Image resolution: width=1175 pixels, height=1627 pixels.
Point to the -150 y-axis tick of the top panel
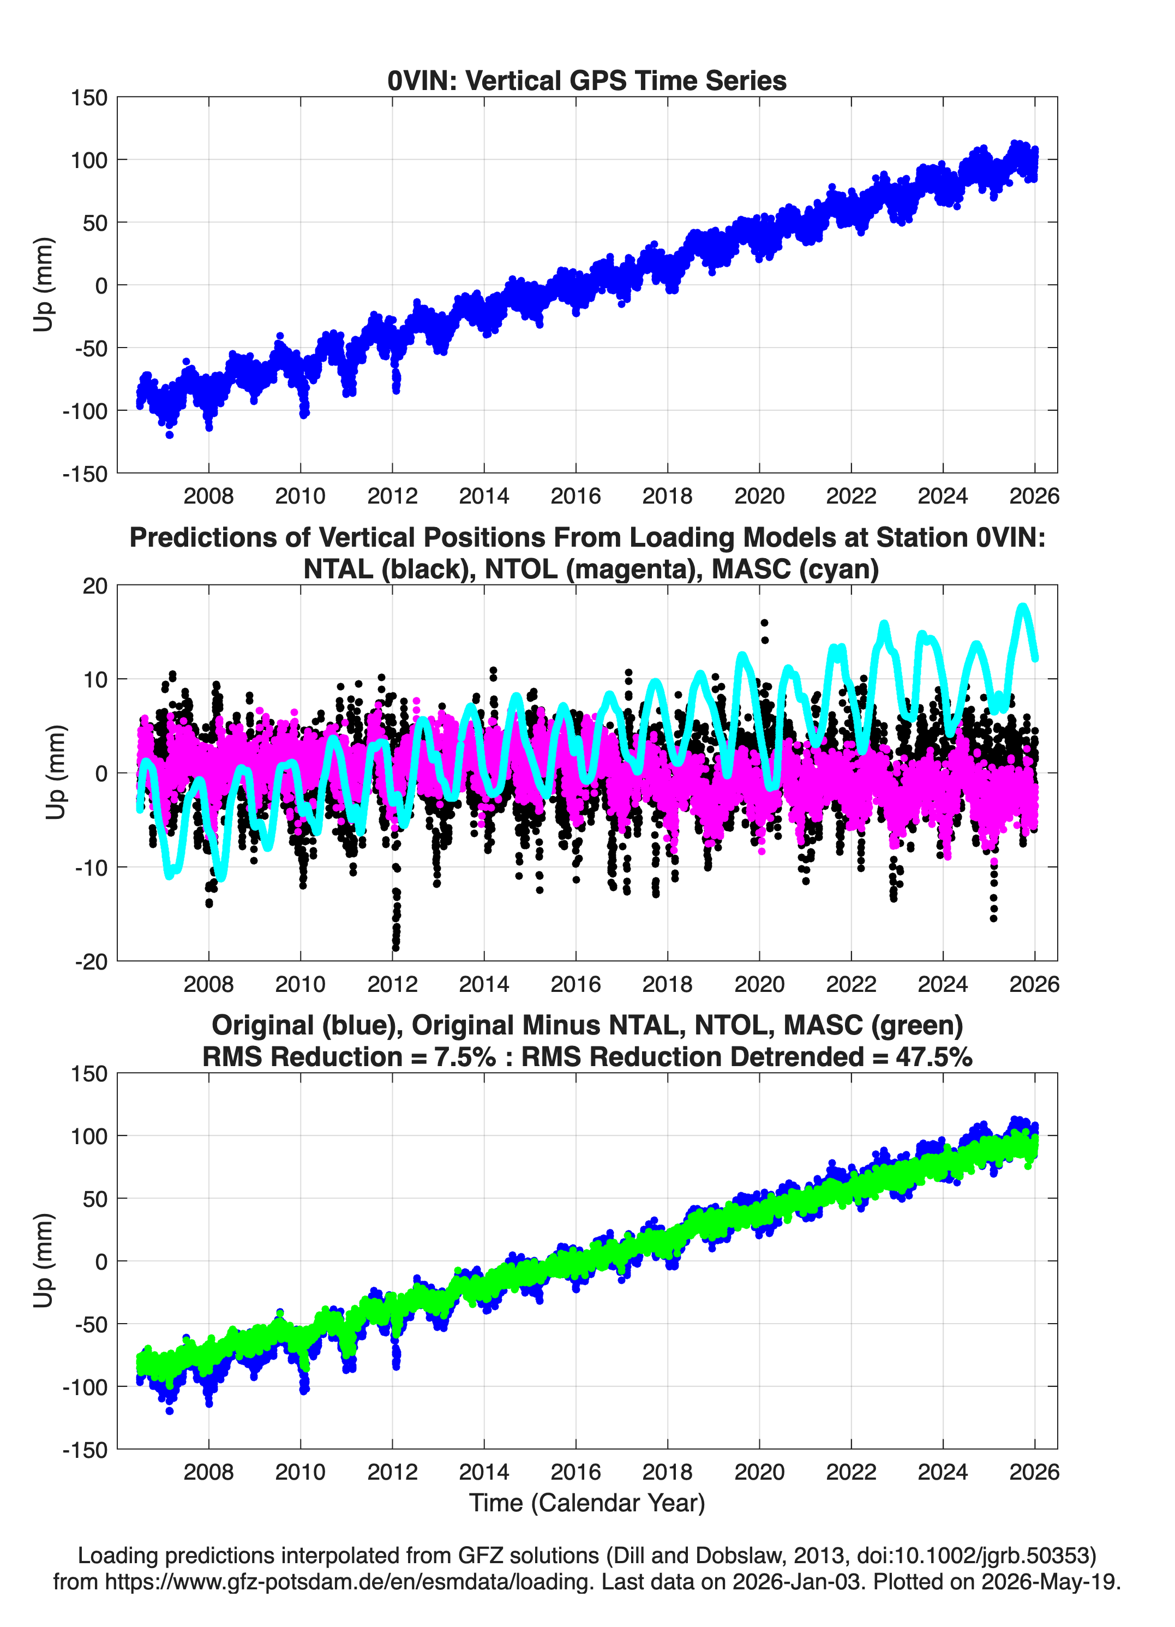pyautogui.click(x=85, y=474)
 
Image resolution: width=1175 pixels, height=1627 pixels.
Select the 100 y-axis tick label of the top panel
pyautogui.click(x=89, y=160)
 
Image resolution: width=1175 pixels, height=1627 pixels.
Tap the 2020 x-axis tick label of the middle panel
pyautogui.click(x=759, y=984)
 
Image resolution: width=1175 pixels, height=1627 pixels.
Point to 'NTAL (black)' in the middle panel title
pyautogui.click(x=386, y=569)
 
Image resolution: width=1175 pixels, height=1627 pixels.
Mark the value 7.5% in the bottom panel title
pyautogui.click(x=465, y=1057)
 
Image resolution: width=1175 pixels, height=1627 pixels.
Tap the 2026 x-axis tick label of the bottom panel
pyautogui.click(x=1034, y=1472)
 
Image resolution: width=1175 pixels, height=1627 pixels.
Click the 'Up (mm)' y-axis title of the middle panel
pyautogui.click(x=56, y=773)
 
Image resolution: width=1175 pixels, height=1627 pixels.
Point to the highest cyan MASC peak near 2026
pyautogui.click(x=1023, y=607)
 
